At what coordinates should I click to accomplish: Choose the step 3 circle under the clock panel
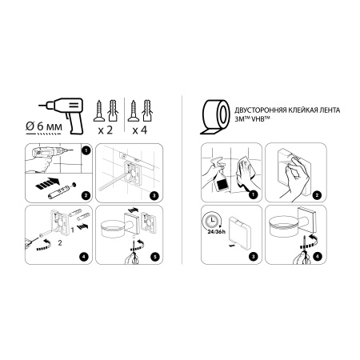253,256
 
